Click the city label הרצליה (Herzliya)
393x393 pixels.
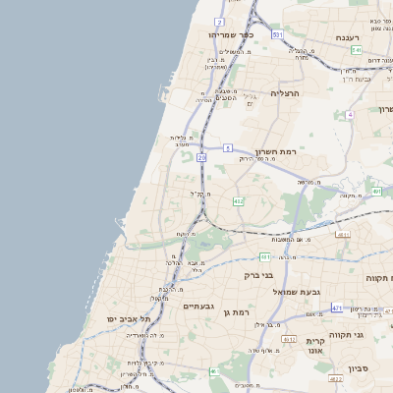(291, 93)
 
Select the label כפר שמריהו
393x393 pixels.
(232, 34)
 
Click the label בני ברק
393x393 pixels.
(257, 275)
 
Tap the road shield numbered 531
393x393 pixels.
(278, 34)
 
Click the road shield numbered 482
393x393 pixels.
(238, 200)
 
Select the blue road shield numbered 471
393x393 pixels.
(337, 308)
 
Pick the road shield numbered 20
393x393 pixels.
(201, 156)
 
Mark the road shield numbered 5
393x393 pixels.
(227, 147)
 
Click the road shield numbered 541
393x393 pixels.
(357, 49)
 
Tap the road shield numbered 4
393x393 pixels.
(349, 114)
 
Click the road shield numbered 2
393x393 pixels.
(220, 21)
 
